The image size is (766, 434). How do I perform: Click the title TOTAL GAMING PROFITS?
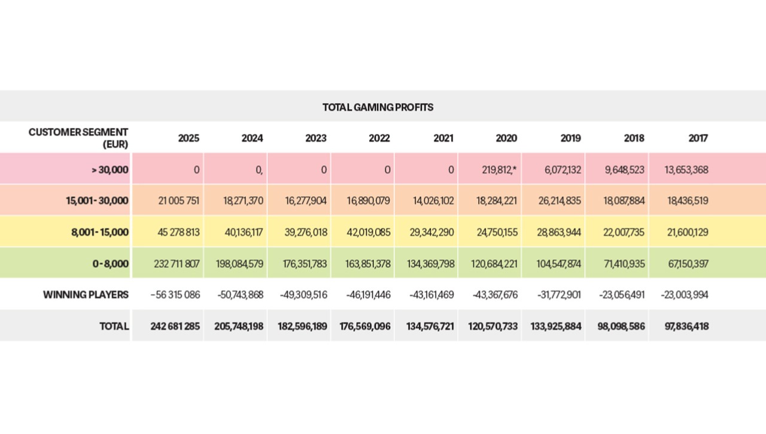coord(378,107)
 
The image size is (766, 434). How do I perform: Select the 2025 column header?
coord(189,138)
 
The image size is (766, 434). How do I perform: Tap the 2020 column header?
coord(506,138)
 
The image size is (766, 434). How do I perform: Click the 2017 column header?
coord(698,138)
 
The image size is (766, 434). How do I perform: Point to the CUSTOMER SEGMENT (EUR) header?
coord(78,138)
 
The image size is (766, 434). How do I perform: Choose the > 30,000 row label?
coord(110,170)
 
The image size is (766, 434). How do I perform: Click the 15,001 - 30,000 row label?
coord(97,201)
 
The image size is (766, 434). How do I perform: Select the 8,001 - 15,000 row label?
coord(100,233)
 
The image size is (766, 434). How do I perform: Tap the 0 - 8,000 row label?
coord(111,264)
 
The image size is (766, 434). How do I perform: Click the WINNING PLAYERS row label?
coord(86,295)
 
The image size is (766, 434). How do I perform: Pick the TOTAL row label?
coord(114,326)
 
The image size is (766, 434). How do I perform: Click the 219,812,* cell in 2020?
coord(499,170)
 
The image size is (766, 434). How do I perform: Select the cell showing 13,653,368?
coord(686,170)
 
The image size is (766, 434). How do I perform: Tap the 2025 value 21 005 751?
coord(178,201)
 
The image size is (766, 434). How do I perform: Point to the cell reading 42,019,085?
coord(368,233)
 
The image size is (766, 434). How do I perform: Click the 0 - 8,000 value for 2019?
coord(558,264)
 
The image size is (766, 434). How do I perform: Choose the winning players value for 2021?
coord(431,295)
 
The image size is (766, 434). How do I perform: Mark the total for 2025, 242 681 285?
coord(175,326)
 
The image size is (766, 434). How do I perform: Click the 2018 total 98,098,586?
coord(621,326)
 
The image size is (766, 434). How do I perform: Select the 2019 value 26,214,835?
coord(560,201)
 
